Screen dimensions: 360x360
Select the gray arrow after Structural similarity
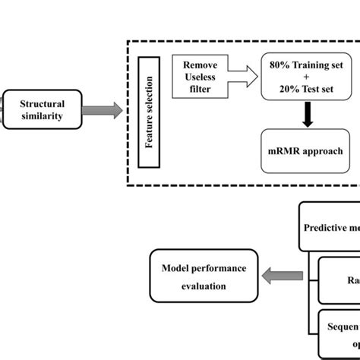(104, 111)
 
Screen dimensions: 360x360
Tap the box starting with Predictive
(330, 226)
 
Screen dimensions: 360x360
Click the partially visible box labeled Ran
(339, 279)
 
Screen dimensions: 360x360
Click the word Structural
(41, 103)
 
